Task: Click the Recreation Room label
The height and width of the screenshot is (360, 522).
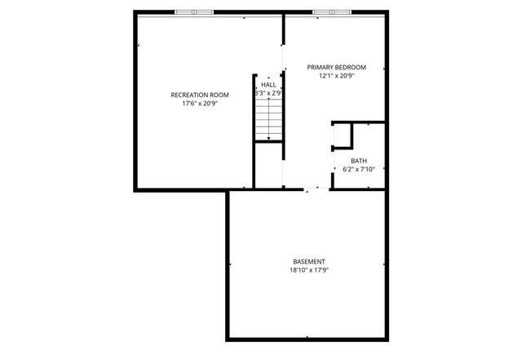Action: click(199, 96)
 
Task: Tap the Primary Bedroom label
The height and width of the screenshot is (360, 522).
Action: click(336, 67)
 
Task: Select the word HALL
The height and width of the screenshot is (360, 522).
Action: click(268, 84)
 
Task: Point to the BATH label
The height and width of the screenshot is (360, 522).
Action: click(359, 161)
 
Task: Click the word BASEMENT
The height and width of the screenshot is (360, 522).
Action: click(308, 261)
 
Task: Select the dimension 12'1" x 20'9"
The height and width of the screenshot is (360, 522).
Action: click(336, 76)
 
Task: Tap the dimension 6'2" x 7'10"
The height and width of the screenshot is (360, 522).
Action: click(359, 170)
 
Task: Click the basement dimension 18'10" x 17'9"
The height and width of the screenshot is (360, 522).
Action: click(308, 270)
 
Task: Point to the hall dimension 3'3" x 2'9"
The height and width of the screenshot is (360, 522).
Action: click(268, 94)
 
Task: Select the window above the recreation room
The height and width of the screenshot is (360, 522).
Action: click(195, 11)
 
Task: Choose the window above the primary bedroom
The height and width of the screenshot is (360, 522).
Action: click(333, 11)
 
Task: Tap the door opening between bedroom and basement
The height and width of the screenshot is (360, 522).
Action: click(314, 189)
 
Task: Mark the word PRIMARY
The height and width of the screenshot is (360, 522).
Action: click(321, 67)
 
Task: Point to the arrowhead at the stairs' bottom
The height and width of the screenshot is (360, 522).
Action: click(268, 140)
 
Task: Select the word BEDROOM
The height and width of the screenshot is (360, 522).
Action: click(351, 67)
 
